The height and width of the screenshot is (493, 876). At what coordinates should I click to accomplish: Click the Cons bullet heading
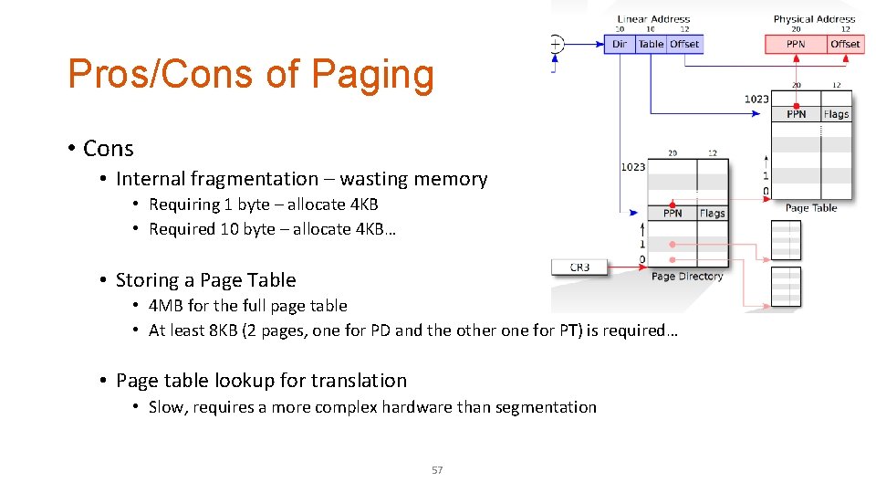[x=108, y=149]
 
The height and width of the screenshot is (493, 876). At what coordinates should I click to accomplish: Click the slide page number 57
[x=437, y=470]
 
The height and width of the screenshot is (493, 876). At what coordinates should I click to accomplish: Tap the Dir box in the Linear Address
[x=620, y=44]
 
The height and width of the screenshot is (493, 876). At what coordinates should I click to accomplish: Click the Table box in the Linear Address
[x=651, y=44]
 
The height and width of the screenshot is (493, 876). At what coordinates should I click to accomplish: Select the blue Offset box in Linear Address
[x=684, y=44]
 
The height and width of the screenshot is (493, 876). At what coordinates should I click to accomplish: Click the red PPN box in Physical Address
[x=796, y=44]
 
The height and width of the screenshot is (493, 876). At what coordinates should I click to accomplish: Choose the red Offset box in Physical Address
[x=845, y=44]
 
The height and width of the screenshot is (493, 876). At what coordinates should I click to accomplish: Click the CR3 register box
[x=579, y=267]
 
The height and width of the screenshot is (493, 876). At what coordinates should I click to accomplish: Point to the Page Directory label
[x=687, y=277]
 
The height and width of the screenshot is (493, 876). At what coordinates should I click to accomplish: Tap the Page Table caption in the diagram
[x=811, y=208]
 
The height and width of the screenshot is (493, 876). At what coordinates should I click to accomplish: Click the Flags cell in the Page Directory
[x=713, y=214]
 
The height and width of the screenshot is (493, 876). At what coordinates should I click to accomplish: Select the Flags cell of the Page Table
[x=836, y=114]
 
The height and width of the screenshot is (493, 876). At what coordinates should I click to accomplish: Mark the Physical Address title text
[x=814, y=19]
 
